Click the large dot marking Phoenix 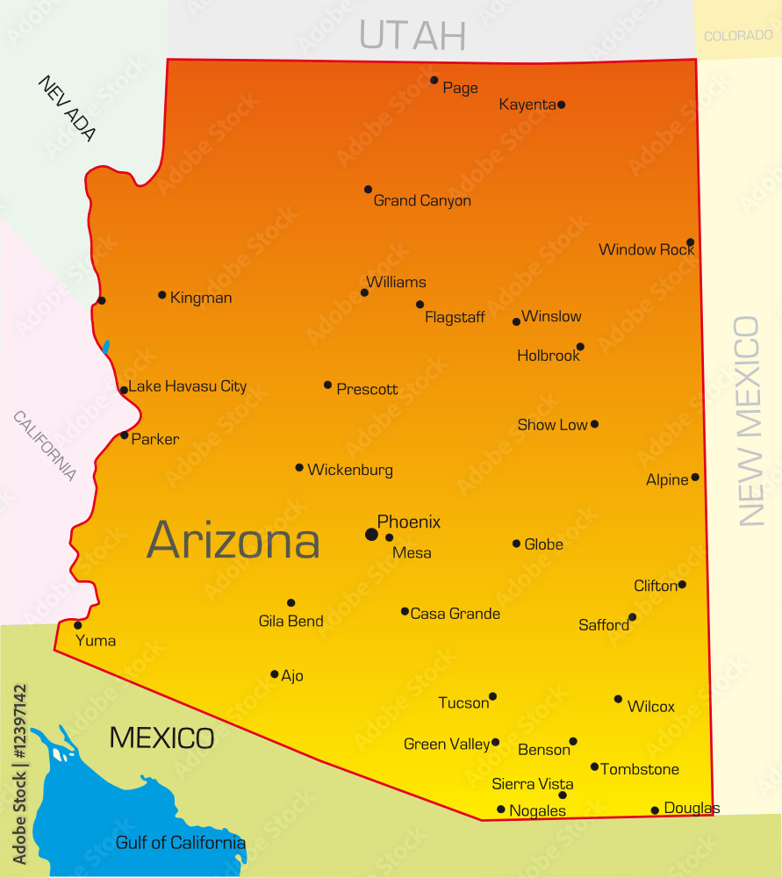(x=372, y=534)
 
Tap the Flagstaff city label (x=455, y=317)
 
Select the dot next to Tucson (x=492, y=696)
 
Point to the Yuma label (x=96, y=641)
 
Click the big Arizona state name (x=233, y=540)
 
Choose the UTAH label (x=412, y=34)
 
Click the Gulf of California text (x=181, y=843)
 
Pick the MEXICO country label (x=161, y=738)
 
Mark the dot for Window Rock (x=691, y=242)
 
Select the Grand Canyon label (x=422, y=201)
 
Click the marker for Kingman (x=162, y=295)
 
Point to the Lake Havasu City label (x=188, y=386)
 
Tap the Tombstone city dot (x=594, y=766)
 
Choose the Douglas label (x=692, y=808)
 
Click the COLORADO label (x=738, y=36)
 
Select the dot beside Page (x=434, y=80)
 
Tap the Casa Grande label (x=456, y=614)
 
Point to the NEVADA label (x=67, y=108)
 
